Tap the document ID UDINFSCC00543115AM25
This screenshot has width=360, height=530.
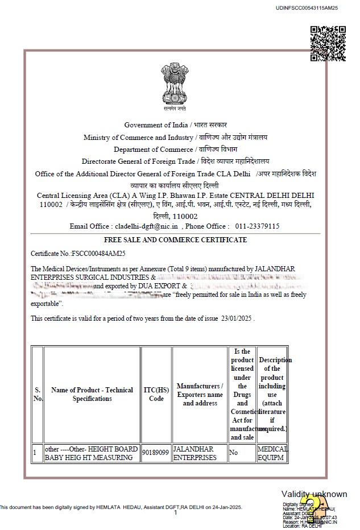[307, 8]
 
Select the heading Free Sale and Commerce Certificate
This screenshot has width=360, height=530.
[175, 240]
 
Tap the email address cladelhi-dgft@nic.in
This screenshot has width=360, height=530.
[147, 226]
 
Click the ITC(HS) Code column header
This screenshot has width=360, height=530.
[156, 394]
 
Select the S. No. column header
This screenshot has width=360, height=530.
[38, 394]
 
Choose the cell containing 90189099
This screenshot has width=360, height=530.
[156, 453]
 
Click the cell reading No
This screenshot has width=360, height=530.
[233, 453]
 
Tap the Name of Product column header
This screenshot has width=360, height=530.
[92, 394]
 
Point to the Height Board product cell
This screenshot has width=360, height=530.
[92, 453]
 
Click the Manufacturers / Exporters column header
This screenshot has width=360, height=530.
[200, 394]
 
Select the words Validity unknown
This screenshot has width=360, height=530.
[314, 494]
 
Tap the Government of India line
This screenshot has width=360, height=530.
[175, 125]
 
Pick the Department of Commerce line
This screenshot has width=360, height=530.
[176, 150]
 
